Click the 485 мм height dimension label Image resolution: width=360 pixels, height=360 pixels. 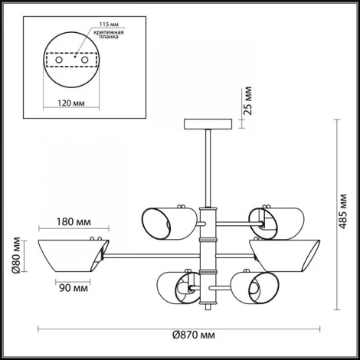pyautogui.click(x=342, y=211)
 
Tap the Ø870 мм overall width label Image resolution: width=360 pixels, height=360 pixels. pyautogui.click(x=194, y=335)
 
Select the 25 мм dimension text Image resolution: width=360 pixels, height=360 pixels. pyautogui.click(x=247, y=101)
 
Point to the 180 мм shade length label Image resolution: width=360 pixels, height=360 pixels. pyautogui.click(x=74, y=221)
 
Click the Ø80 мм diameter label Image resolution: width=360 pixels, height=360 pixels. pyautogui.click(x=16, y=255)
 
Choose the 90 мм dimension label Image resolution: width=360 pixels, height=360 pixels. pyautogui.click(x=74, y=288)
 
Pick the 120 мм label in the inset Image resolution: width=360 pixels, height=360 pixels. pyautogui.click(x=70, y=103)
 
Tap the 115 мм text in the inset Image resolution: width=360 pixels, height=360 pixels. pyautogui.click(x=109, y=25)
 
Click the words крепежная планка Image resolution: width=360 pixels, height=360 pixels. pyautogui.click(x=109, y=34)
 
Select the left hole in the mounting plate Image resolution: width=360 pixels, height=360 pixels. pyautogui.click(x=59, y=61)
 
